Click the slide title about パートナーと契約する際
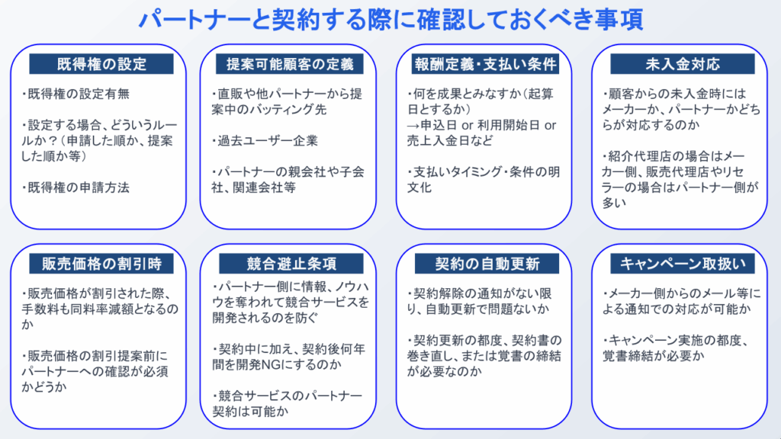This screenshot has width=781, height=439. pos(390,20)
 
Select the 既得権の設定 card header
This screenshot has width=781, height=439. pos(101,64)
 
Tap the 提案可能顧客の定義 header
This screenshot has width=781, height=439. pos(290,64)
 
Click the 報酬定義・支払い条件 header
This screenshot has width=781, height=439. pos(485,64)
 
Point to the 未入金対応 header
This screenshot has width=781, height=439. pos(683,64)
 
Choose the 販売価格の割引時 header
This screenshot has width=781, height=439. pos(101,264)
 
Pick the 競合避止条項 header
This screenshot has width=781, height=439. pos(291,264)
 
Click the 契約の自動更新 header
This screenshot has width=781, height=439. pos(487,264)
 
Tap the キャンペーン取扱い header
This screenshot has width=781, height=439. pos(683,264)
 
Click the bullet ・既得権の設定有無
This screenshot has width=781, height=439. pos(76,94)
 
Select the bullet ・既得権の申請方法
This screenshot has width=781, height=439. pos(76,187)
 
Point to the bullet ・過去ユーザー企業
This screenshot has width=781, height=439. pos(265,141)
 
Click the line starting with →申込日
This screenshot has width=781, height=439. pos(482,126)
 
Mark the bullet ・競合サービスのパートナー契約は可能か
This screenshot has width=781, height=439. pos(287,404)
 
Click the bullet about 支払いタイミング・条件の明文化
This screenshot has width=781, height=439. pos(483,180)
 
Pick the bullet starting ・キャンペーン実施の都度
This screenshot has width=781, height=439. pos(676,348)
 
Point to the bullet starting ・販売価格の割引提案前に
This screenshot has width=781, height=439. pos(95,372)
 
